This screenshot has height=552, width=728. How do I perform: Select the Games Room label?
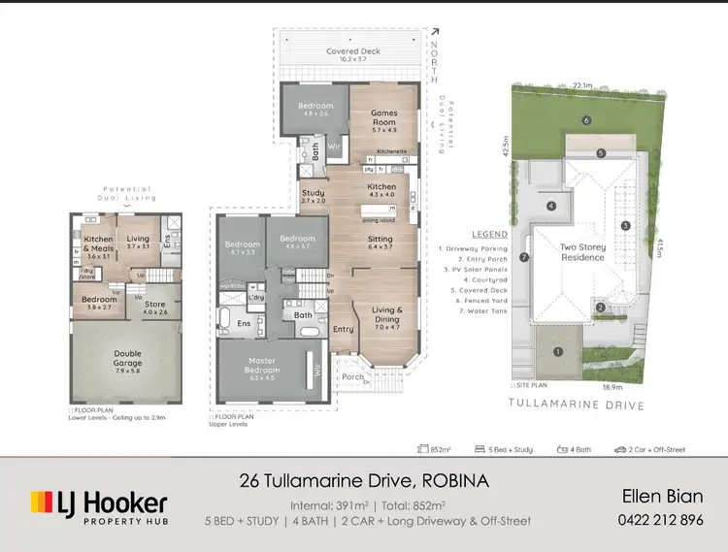point(384,118)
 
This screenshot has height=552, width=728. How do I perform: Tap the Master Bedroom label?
point(262,366)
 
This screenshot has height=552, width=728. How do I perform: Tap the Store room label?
point(155,308)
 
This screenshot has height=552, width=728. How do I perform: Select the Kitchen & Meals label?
point(99,243)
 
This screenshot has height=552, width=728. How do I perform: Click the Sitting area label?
point(380,243)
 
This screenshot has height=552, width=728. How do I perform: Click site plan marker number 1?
point(558,351)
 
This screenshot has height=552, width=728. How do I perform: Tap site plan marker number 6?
point(587,120)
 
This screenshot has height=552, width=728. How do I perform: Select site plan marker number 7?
point(523,257)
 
